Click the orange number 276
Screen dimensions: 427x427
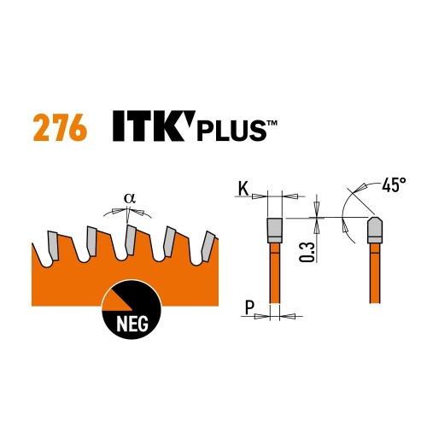[60, 127]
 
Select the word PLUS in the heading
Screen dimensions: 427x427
[231, 131]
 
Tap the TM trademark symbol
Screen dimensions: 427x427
[272, 123]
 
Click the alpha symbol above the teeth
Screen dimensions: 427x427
[129, 198]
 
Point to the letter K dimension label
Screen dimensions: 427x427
[243, 189]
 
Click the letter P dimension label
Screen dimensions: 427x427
[249, 307]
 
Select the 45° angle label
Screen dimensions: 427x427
[394, 185]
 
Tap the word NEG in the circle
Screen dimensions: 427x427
[132, 324]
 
